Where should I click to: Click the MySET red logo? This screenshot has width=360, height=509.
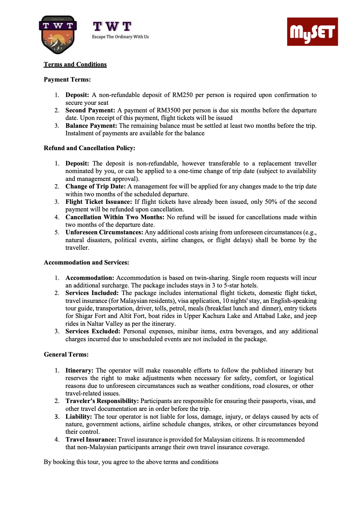pyautogui.click(x=312, y=32)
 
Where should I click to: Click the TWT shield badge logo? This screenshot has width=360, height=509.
pyautogui.click(x=58, y=35)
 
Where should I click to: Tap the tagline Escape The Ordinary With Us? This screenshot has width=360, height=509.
pyautogui.click(x=120, y=37)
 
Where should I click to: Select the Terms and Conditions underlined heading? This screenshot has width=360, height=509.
pyautogui.click(x=75, y=64)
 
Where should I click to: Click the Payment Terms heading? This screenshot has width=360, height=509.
pyautogui.click(x=67, y=80)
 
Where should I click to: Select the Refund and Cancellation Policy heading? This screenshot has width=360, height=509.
pyautogui.click(x=89, y=148)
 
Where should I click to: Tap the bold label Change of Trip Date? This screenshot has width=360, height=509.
pyautogui.click(x=96, y=186)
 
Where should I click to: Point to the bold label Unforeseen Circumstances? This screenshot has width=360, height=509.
pyautogui.click(x=104, y=232)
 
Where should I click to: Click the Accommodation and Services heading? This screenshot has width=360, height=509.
pyautogui.click(x=86, y=262)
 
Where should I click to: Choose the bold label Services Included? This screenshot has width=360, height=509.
pyautogui.click(x=92, y=293)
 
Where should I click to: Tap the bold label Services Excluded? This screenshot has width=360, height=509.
pyautogui.click(x=93, y=331)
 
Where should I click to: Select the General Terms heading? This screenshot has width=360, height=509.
pyautogui.click(x=66, y=355)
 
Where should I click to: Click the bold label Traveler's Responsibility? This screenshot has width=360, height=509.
pyautogui.click(x=102, y=401)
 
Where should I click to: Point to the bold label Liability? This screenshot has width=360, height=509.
pyautogui.click(x=79, y=417)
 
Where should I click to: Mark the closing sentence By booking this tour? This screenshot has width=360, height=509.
pyautogui.click(x=131, y=462)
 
